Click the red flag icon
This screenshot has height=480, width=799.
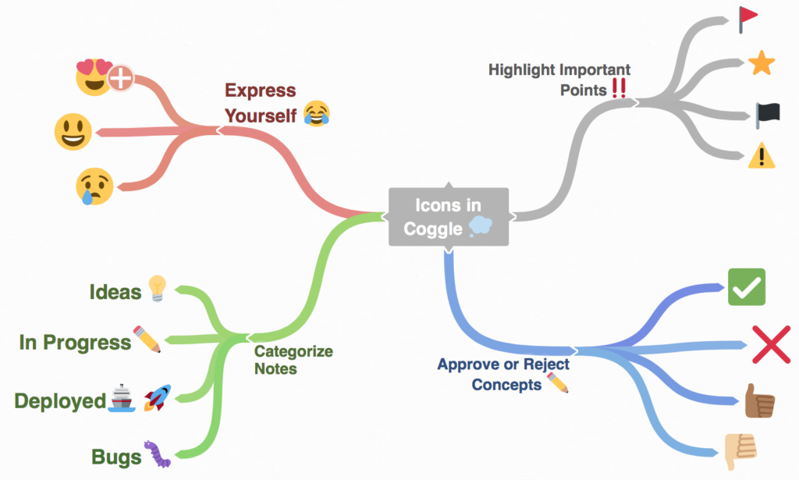[x=748, y=19]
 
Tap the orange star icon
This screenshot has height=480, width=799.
[x=761, y=64]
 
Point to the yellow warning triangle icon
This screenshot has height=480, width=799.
[x=761, y=157]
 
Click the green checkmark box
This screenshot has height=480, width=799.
[x=746, y=287]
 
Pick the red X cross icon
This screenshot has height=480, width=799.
[x=771, y=344]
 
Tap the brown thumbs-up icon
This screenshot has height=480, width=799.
[x=758, y=402]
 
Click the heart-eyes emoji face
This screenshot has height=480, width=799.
[x=94, y=76]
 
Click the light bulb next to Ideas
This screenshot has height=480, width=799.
[x=157, y=289]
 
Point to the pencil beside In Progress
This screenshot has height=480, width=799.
[x=147, y=340]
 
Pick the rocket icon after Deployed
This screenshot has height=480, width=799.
[x=157, y=399]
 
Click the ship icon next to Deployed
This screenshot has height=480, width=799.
[x=121, y=399]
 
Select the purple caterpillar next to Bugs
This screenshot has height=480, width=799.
[x=155, y=454]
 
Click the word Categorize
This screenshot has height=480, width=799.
[x=293, y=351]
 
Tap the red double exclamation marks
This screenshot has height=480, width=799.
[x=619, y=89]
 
